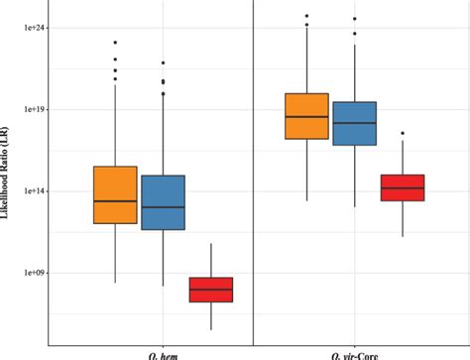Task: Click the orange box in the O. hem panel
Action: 115,194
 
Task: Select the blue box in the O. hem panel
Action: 163,202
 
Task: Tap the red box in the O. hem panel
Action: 210,290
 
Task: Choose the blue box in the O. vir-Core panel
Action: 354,124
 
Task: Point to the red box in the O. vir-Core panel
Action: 403,187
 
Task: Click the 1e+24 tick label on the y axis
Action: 35,28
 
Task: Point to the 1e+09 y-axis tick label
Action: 35,272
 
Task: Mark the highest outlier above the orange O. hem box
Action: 115,43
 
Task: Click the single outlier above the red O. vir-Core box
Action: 403,133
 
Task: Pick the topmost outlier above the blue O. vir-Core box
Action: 354,19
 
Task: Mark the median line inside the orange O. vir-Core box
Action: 306,116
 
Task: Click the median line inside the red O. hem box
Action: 210,289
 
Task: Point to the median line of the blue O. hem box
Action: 163,207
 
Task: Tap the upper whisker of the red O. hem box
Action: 210,260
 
